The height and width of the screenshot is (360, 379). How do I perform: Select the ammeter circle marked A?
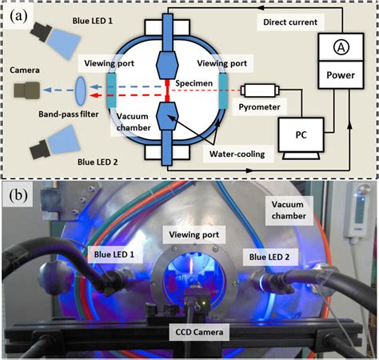pyautogui.click(x=341, y=47)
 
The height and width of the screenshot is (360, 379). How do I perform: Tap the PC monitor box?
pyautogui.click(x=303, y=134)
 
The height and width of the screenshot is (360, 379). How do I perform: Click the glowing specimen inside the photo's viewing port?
pyautogui.click(x=190, y=277)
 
